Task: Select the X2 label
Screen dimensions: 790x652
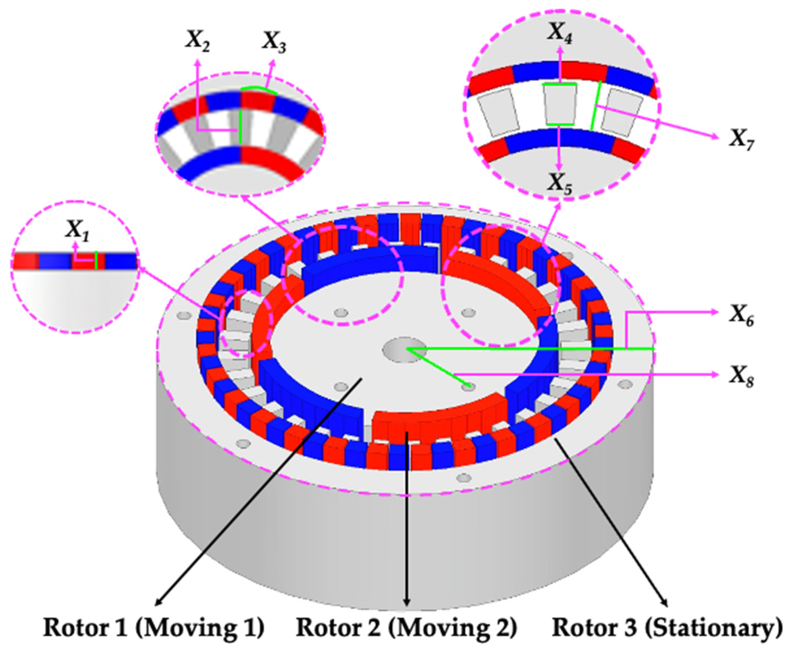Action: click(197, 41)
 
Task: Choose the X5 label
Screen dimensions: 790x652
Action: click(560, 184)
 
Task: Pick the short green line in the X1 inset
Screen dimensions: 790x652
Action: click(96, 260)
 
